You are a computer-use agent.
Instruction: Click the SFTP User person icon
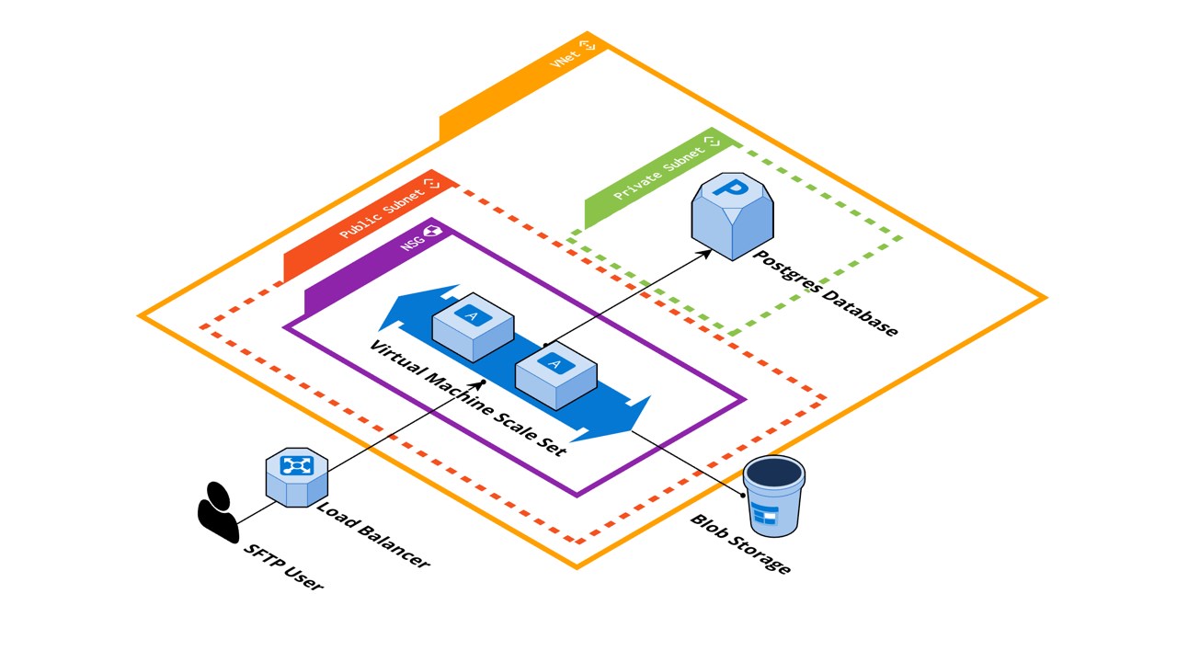click(x=218, y=512)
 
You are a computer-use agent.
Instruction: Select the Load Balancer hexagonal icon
click(x=297, y=476)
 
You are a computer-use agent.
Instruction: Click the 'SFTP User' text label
click(x=283, y=566)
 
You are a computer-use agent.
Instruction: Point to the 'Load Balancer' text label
click(x=372, y=534)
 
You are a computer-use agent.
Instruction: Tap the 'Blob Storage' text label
click(x=740, y=543)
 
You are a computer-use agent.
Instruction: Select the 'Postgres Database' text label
click(x=825, y=292)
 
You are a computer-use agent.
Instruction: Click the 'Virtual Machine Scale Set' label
click(x=467, y=397)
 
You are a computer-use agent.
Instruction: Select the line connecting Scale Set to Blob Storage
click(x=690, y=462)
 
